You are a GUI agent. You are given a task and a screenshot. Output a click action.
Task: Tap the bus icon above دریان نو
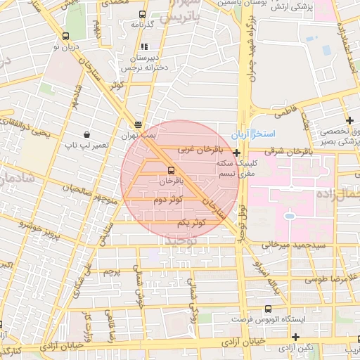click(x=66, y=36)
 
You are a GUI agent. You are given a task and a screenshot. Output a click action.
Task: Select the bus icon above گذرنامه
click(x=143, y=14)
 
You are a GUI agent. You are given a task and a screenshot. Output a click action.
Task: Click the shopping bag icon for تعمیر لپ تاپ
click(x=86, y=134)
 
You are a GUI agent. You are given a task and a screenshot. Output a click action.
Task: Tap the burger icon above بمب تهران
click(x=138, y=124)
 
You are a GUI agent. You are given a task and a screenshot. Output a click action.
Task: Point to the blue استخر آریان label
click(x=257, y=134)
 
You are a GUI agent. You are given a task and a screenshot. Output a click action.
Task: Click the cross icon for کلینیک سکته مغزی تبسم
click(x=237, y=153)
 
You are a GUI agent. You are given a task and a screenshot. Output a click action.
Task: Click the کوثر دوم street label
click(x=171, y=200)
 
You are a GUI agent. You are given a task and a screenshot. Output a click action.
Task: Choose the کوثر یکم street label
click(x=191, y=222)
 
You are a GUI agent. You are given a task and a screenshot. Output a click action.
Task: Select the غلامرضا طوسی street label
click(x=323, y=279)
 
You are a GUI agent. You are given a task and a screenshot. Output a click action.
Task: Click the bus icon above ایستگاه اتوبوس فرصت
click(x=267, y=309)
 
